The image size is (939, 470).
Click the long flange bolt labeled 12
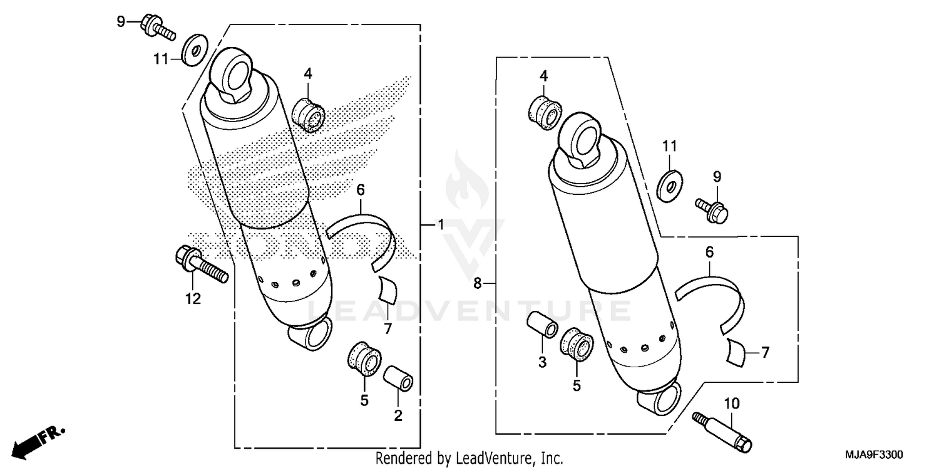[x=200, y=266]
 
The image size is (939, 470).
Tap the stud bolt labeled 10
[x=723, y=431]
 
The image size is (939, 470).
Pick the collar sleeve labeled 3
[x=542, y=325]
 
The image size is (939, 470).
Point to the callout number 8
[x=478, y=284]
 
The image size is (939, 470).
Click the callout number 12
[x=193, y=299]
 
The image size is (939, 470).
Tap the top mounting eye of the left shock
[x=235, y=72]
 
